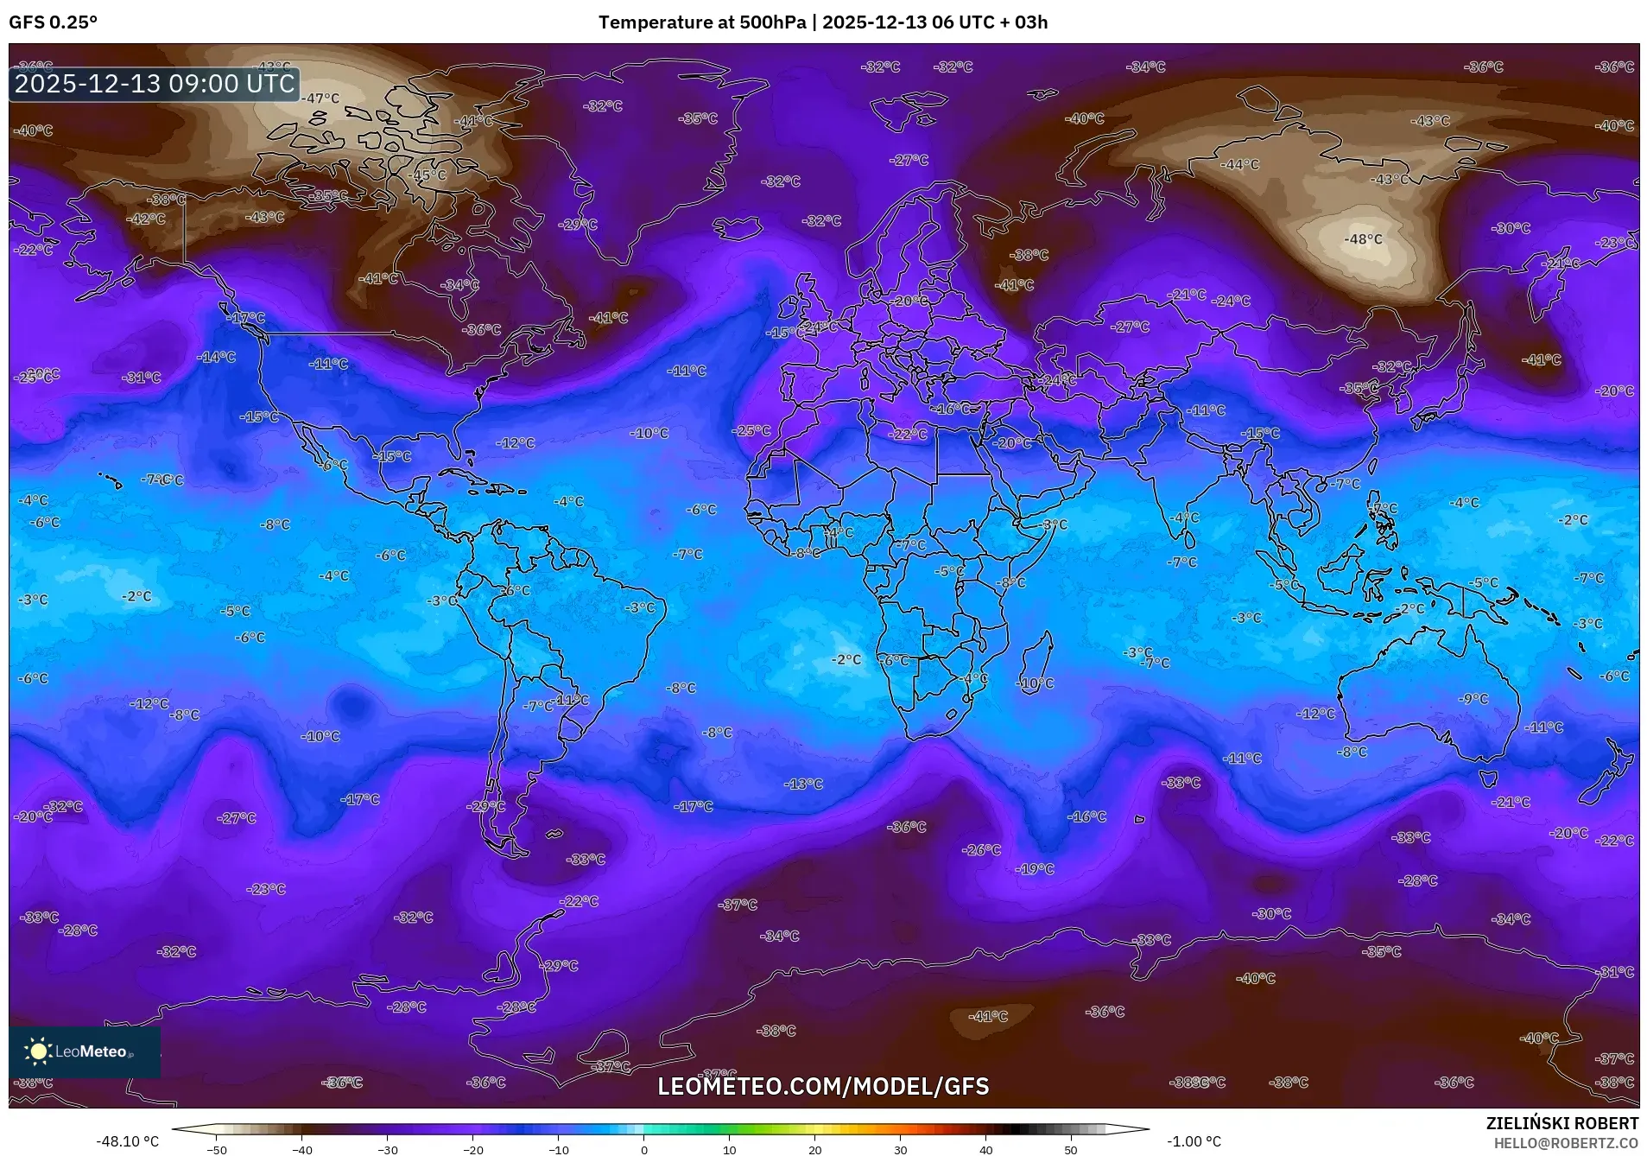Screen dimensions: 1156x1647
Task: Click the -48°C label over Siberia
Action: [x=1363, y=239]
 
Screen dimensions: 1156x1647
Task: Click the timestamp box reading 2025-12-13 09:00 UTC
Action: [x=155, y=84]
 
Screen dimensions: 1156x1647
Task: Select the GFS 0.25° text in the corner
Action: [x=54, y=22]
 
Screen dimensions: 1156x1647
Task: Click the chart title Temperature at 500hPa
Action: [x=701, y=22]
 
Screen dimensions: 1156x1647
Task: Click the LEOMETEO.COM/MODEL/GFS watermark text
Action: [x=823, y=1086]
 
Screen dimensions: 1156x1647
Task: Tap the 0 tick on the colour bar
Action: [x=644, y=1149]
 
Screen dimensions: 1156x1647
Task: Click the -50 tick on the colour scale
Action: [x=218, y=1149]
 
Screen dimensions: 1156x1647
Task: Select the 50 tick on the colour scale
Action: [x=1071, y=1149]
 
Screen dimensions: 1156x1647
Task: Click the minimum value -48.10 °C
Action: [x=128, y=1141]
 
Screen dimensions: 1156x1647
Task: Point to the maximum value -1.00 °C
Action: [x=1194, y=1141]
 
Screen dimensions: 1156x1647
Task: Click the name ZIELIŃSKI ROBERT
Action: [x=1561, y=1123]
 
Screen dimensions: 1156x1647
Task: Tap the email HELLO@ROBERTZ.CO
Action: [x=1566, y=1142]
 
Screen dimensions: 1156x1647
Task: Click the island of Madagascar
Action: [x=1036, y=665]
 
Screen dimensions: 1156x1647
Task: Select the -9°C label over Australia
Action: [x=1473, y=699]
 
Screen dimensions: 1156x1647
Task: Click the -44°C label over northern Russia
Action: [x=1239, y=164]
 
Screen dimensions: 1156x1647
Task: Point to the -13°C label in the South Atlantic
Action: [x=803, y=784]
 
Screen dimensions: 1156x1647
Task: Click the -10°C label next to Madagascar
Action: [x=1036, y=683]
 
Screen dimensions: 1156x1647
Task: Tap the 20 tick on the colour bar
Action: [x=814, y=1149]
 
